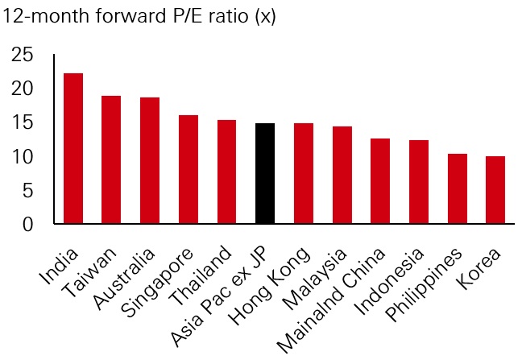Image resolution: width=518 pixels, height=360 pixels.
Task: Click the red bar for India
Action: pyautogui.click(x=73, y=148)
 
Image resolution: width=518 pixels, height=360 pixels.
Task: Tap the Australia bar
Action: pyautogui.click(x=150, y=160)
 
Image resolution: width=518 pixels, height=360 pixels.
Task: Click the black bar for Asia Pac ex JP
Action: pyautogui.click(x=265, y=173)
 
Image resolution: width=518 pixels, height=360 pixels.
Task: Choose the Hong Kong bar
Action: pyautogui.click(x=304, y=173)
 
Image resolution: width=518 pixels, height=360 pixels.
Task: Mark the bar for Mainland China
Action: pyautogui.click(x=380, y=181)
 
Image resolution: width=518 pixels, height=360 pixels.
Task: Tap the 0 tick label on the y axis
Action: pyautogui.click(x=28, y=224)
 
